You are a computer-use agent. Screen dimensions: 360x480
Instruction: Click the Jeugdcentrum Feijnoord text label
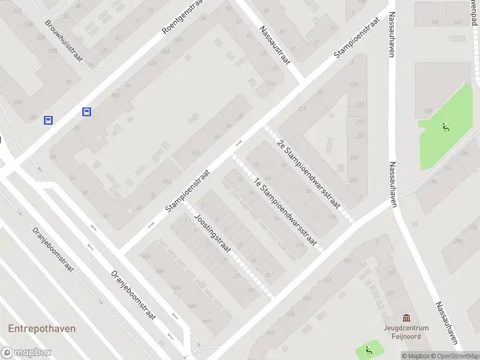[407, 332]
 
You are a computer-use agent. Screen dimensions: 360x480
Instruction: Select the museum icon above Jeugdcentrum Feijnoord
[407, 317]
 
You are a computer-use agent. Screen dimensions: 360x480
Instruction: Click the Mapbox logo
[26, 353]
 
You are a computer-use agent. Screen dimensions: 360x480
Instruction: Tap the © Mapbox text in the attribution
[415, 356]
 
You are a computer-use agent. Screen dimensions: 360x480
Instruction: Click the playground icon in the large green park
[445, 127]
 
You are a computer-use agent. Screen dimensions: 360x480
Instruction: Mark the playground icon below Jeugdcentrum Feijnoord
[368, 349]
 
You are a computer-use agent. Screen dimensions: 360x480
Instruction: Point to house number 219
[360, 122]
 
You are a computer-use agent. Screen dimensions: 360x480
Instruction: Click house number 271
[391, 293]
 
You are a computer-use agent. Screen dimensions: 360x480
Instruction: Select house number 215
[360, 105]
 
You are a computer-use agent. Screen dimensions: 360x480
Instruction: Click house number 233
[353, 158]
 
